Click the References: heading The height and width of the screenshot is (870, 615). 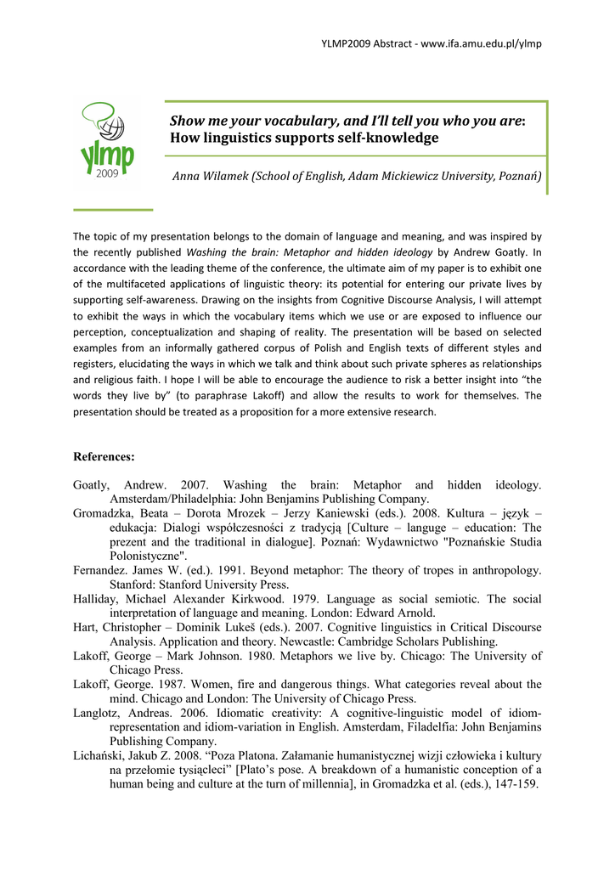pos(104,457)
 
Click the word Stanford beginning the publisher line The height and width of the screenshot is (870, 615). pos(133,585)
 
